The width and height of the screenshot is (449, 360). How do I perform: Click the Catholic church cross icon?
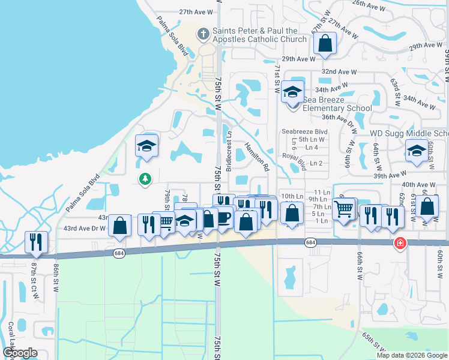203,34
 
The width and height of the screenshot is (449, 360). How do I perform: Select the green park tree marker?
145,178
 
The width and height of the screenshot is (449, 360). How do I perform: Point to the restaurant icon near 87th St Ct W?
37,241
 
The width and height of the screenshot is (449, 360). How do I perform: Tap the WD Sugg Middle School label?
408,133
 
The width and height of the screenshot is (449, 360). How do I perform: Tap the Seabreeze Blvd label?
305,131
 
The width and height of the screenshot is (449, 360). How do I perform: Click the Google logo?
20,353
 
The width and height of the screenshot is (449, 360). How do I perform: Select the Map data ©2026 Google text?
411,355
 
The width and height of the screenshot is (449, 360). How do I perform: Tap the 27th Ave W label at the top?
196,12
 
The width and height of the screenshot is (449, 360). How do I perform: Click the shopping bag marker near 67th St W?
325,43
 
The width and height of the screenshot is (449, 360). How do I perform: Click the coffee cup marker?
224,217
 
